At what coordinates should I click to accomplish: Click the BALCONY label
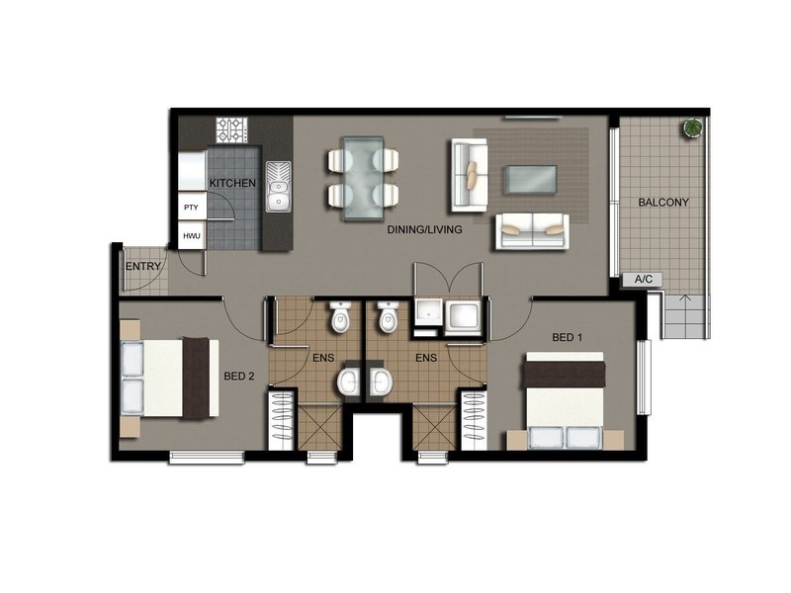[663, 202]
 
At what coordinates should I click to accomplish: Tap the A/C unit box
[643, 280]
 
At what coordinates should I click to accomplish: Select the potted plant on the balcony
[693, 127]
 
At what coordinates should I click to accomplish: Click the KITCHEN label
[233, 183]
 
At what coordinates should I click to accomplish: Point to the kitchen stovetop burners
[233, 130]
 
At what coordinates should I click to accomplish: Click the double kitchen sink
[278, 185]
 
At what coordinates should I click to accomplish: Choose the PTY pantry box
[191, 208]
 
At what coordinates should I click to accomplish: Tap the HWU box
[191, 236]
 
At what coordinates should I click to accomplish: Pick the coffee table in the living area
[532, 179]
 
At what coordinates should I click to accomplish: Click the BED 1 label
[568, 338]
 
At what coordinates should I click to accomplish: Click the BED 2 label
[240, 376]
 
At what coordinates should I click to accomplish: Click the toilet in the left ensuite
[339, 316]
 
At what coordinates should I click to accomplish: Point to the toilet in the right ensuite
[388, 316]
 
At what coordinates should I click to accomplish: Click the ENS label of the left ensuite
[322, 357]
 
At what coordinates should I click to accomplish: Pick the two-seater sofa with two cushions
[531, 230]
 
